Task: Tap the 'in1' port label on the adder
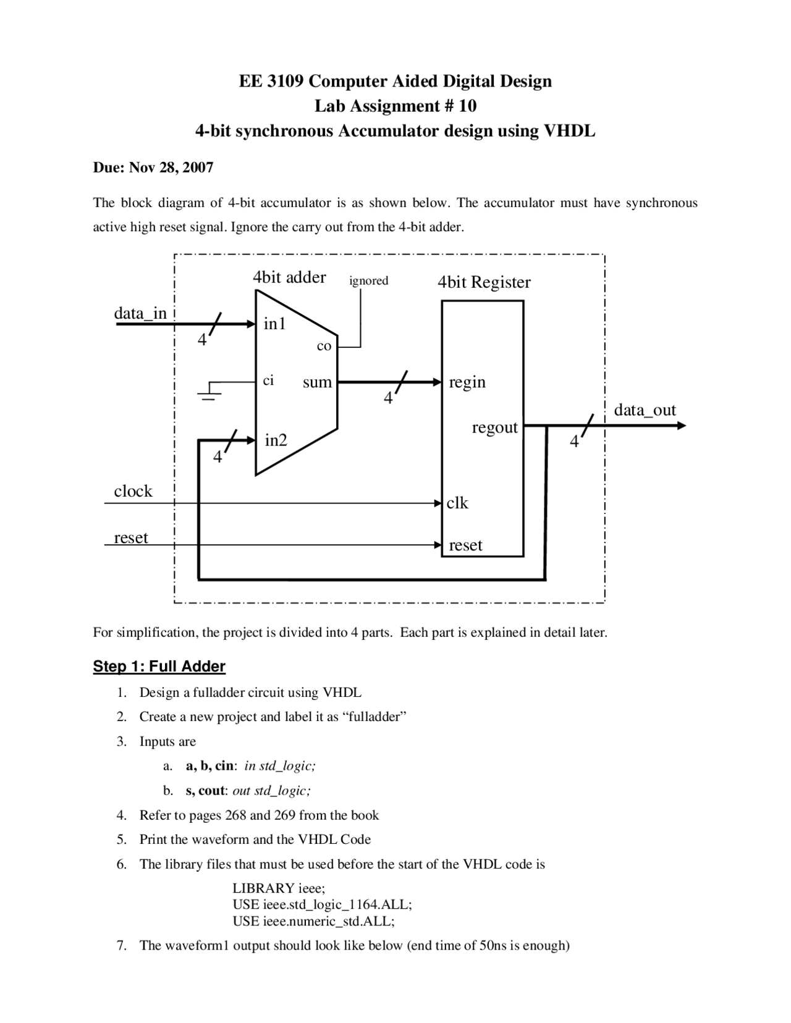[275, 324]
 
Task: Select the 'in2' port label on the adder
[276, 440]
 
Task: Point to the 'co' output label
[324, 347]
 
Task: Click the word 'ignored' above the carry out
[369, 281]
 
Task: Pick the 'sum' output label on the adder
[317, 382]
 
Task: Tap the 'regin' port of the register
[467, 382]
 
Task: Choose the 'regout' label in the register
[494, 427]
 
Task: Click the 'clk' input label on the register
[457, 503]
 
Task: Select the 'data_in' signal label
[140, 313]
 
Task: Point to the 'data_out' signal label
[645, 410]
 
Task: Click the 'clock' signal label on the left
[133, 491]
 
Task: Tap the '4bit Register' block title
[484, 282]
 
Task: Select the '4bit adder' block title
[289, 277]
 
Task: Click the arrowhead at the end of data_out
[682, 426]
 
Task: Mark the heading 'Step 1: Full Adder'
[159, 667]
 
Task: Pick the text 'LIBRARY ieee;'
[279, 888]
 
